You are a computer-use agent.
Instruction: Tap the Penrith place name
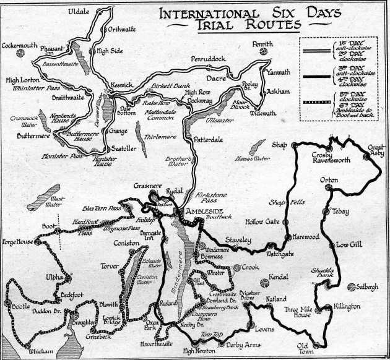(262, 45)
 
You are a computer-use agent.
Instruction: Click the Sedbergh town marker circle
(353, 286)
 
